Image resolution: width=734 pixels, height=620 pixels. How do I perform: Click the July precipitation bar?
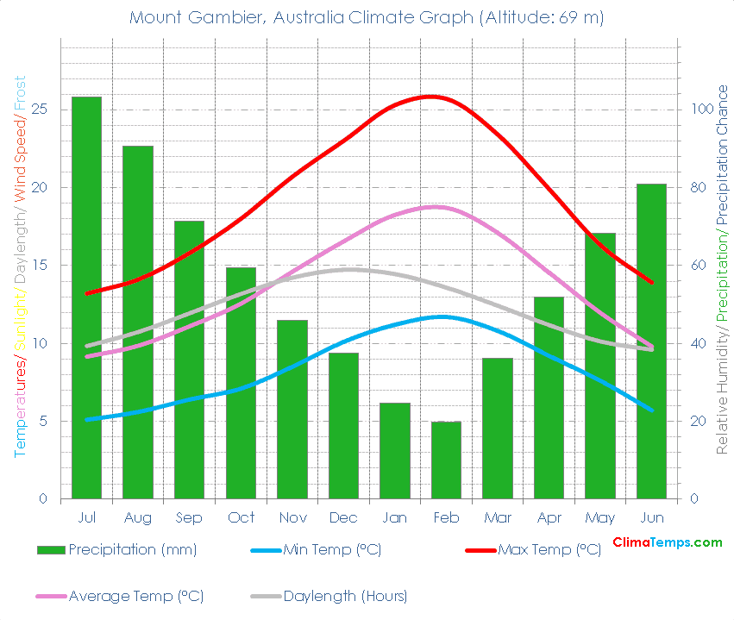click(x=86, y=297)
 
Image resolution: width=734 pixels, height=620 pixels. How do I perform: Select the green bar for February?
click(x=446, y=460)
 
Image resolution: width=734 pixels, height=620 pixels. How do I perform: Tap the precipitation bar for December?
click(x=343, y=425)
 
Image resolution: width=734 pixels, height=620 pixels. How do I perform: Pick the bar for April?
click(x=549, y=398)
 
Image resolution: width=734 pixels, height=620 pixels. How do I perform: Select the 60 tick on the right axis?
click(x=693, y=266)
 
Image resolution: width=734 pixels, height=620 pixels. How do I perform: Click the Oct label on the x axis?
click(x=241, y=517)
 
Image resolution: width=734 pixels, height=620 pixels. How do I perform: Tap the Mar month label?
click(x=497, y=517)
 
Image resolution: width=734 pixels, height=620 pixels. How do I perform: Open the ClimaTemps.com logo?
click(x=667, y=542)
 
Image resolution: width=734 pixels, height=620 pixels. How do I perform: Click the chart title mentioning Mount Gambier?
click(x=367, y=17)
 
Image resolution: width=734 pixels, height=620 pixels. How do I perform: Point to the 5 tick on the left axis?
click(x=42, y=421)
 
